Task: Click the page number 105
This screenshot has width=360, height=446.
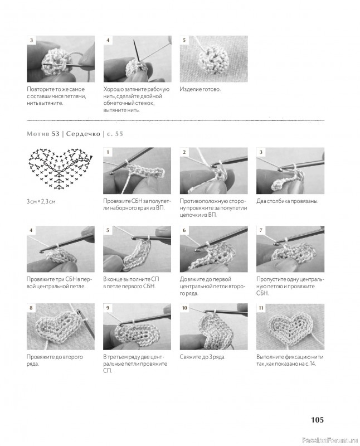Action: pos(317,420)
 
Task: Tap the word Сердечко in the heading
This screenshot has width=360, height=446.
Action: pos(83,134)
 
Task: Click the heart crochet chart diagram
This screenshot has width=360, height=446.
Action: pos(60,169)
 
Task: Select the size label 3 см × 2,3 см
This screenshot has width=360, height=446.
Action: pos(41,201)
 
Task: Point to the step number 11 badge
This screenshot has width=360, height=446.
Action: pos(261,308)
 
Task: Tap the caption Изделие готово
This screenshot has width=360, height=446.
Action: pos(200,89)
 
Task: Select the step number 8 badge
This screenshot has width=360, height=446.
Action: pos(31,308)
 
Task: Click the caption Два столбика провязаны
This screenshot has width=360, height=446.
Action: pos(287,201)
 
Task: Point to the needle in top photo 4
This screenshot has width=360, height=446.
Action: pos(137,51)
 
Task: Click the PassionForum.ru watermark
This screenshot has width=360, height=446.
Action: pos(329,440)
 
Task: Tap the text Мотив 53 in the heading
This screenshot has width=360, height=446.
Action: pos(43,134)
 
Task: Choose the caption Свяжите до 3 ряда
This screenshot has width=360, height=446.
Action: pos(202,357)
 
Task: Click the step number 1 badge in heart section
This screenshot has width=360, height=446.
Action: pos(108,152)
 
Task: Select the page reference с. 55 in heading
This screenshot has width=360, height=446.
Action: pos(115,134)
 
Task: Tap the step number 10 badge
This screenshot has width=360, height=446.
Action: pos(184,308)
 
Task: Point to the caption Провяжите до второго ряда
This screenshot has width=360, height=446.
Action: pos(55,360)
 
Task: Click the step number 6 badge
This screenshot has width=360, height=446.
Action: pos(184,230)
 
